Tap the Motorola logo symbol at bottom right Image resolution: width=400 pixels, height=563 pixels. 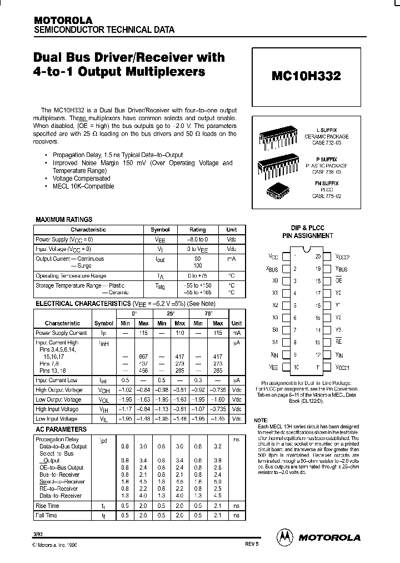pos(284,537)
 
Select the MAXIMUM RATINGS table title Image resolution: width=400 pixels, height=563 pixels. pos(64,220)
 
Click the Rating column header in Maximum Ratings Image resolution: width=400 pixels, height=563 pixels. pos(197,229)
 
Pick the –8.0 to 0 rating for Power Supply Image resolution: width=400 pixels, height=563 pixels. pos(197,239)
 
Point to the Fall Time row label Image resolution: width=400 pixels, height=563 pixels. pos(46,516)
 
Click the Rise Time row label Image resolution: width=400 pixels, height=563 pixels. pos(47,506)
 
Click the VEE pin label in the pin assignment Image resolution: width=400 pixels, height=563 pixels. pos(273,367)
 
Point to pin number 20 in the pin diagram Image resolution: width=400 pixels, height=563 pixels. pos(318,257)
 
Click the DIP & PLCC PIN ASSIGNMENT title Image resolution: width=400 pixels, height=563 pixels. pos(307,232)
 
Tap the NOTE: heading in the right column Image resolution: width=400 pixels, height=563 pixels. pos(261,421)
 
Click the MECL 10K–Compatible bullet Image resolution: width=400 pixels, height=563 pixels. pos(83,186)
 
